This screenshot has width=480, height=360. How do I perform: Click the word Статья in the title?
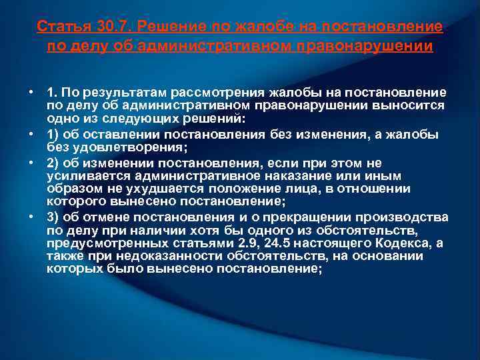(58, 27)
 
